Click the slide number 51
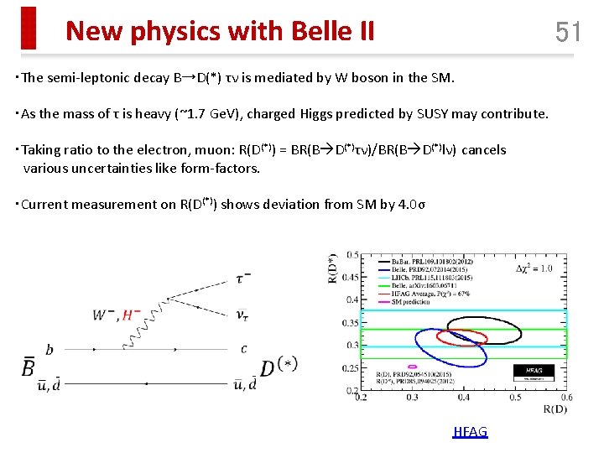(x=568, y=32)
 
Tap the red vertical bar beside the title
(x=29, y=28)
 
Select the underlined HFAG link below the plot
(x=470, y=431)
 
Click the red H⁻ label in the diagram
(x=132, y=315)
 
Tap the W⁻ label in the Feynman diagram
(x=104, y=315)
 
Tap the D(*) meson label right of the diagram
(x=279, y=367)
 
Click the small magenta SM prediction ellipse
(x=411, y=367)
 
